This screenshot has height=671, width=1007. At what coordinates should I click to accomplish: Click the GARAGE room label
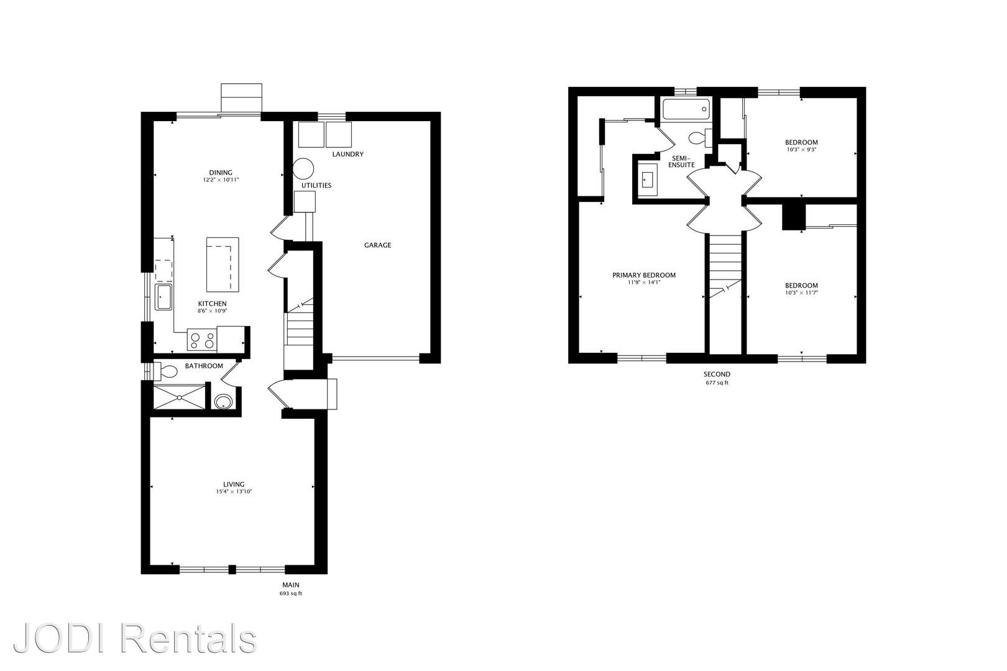[x=378, y=245]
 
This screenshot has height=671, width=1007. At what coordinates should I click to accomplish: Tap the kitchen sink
[x=163, y=297]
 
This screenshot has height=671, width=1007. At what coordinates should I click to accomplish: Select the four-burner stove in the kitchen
[x=202, y=340]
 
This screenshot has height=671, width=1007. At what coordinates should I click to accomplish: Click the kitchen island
[x=223, y=265]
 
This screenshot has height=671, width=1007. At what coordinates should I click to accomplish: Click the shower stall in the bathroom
[x=180, y=397]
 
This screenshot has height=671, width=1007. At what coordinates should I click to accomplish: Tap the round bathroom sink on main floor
[x=223, y=401]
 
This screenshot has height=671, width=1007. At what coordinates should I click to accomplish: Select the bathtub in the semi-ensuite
[x=686, y=109]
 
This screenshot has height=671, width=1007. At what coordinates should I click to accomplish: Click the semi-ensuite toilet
[x=700, y=137]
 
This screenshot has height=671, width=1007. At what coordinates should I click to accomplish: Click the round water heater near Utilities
[x=303, y=169]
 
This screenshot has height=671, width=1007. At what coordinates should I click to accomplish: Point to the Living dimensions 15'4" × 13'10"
[x=234, y=491]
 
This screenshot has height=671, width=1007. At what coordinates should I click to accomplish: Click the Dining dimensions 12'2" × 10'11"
[x=221, y=180]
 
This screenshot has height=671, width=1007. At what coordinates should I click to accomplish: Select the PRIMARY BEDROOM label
[x=644, y=275]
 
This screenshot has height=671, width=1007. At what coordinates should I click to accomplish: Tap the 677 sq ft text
[x=717, y=383]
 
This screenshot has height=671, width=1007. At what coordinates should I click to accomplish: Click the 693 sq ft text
[x=291, y=593]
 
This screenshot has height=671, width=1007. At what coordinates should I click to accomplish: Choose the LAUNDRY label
[x=347, y=154]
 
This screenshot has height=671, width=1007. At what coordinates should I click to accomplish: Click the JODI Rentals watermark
[x=135, y=638]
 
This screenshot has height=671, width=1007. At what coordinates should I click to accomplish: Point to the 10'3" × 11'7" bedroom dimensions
[x=801, y=293]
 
